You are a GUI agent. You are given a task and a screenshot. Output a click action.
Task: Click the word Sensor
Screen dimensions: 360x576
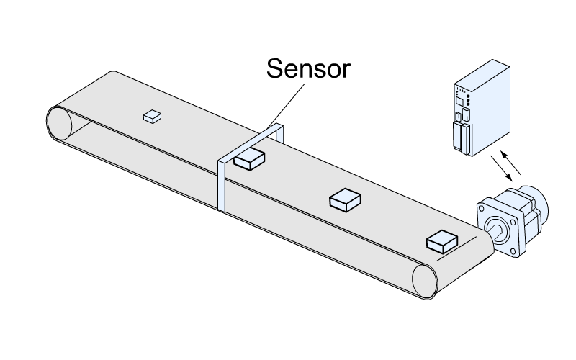[x=308, y=69]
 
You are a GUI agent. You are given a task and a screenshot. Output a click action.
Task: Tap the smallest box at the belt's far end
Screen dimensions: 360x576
[x=151, y=115]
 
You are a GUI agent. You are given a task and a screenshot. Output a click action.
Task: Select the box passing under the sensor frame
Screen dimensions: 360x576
[x=250, y=158]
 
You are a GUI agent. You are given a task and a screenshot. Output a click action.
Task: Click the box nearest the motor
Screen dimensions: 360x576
[x=442, y=240]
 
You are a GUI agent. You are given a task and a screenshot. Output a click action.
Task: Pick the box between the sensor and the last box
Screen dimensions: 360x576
[x=345, y=199]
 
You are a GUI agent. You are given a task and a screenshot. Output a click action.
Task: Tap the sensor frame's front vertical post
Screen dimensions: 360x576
[x=222, y=184]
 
